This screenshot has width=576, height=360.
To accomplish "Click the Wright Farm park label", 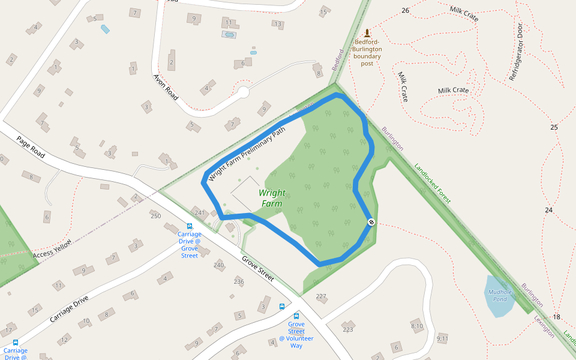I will pos(272,199).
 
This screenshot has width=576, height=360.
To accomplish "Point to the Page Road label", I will pos(31,148).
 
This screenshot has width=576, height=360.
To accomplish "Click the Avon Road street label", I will pos(166,86).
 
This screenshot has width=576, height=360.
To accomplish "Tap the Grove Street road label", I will pos(258,269).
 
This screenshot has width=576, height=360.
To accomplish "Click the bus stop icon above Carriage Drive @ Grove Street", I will pos(190,227).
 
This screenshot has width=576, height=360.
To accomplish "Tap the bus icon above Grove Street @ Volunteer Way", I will pos(296,316).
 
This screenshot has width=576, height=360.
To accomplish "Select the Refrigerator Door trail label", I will pos(516,53).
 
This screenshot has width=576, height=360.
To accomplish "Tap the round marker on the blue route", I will pos(371,223).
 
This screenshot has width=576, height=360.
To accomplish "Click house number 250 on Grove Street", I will pos(156,216).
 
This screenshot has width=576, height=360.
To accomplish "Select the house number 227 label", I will pos(321,296).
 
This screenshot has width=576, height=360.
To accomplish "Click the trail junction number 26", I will pos(406,11).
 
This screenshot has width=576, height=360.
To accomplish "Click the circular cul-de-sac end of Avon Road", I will pos(243,92).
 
